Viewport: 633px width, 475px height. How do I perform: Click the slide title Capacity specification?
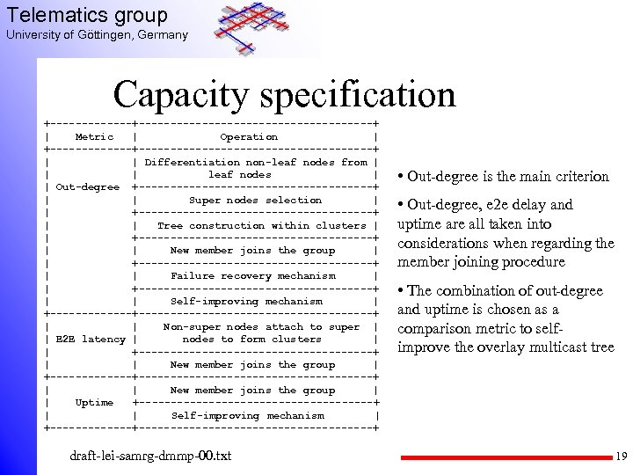click(x=284, y=95)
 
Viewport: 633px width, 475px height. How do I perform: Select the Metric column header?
click(x=94, y=136)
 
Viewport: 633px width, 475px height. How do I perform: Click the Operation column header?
click(x=249, y=136)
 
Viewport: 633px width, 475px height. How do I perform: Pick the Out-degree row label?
click(x=88, y=186)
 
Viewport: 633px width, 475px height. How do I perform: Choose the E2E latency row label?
click(x=90, y=339)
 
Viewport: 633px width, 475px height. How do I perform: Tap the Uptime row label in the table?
click(x=94, y=402)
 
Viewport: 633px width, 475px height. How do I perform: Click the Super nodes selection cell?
click(x=256, y=200)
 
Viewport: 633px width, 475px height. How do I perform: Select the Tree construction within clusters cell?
click(x=261, y=225)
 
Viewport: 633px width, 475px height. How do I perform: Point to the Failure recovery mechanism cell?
click(x=253, y=275)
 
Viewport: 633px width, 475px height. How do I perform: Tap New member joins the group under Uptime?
click(x=253, y=390)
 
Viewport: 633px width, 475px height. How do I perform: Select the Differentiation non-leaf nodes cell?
click(x=255, y=168)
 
